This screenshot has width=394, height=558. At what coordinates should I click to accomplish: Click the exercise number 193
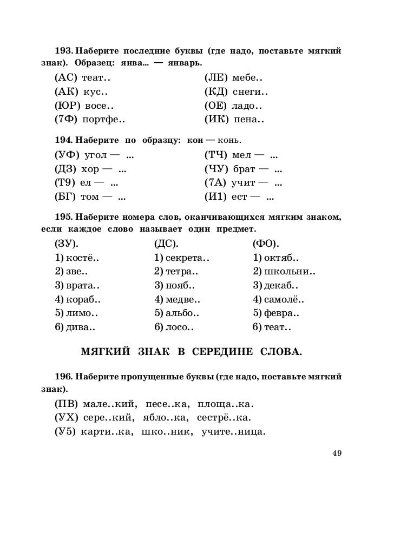pos(64,51)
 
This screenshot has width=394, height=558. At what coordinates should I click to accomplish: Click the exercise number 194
pos(64,141)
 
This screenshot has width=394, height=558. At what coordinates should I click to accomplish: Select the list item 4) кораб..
pos(78,299)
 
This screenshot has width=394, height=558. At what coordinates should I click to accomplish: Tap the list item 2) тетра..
pos(176,271)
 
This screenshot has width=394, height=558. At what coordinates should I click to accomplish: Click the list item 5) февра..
pos(276,313)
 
